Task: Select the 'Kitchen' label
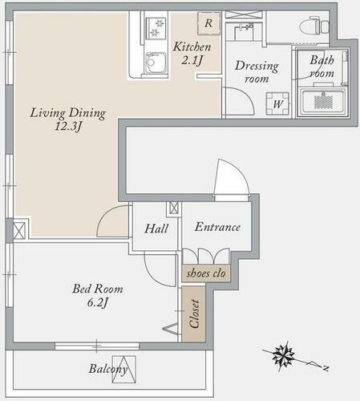point(192,47)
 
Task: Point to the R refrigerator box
point(208,23)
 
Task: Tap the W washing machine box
point(277,103)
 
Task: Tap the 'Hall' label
point(156,229)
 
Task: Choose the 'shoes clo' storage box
point(207,273)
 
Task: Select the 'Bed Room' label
point(98,289)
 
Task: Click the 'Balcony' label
point(108,370)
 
